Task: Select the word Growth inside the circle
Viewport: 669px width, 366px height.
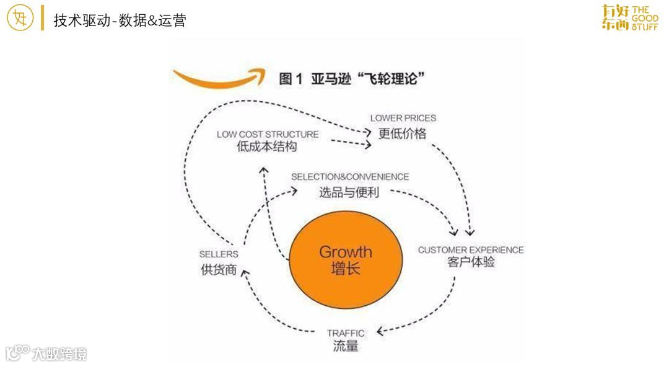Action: tap(346, 252)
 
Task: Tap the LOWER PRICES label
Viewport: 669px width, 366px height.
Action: tap(403, 118)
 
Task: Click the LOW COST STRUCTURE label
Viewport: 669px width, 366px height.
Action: tap(268, 134)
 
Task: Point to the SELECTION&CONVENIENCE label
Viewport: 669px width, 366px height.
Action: tap(350, 177)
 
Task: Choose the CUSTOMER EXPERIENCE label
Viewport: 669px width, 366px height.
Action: tap(471, 250)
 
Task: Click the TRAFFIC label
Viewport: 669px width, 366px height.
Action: tap(346, 333)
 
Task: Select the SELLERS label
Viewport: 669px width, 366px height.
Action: tap(219, 254)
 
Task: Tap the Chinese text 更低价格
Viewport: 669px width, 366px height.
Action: tap(403, 133)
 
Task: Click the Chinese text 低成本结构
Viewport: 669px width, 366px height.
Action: tap(267, 148)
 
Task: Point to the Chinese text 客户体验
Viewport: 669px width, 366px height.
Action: tap(471, 262)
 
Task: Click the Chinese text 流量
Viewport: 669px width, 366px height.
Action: tap(346, 346)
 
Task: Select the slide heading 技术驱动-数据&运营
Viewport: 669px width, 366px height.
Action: tap(120, 20)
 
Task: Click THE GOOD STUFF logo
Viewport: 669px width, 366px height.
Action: tap(630, 18)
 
